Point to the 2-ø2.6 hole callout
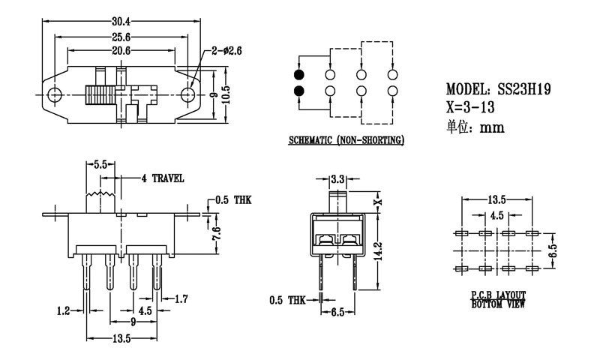pos(226,51)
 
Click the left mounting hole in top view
pos(54,95)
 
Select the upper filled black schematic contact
pos(299,76)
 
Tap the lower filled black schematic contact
pos(299,91)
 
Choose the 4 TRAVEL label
pos(163,178)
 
